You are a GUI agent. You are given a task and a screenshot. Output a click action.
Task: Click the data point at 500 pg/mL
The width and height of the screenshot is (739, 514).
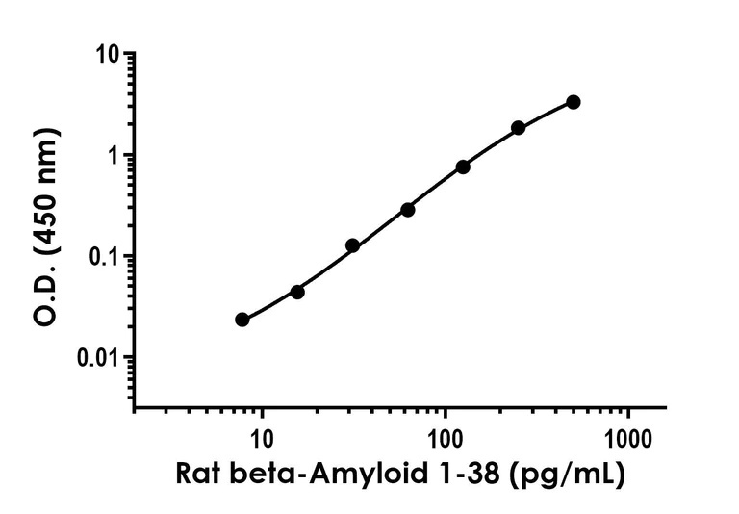(x=573, y=102)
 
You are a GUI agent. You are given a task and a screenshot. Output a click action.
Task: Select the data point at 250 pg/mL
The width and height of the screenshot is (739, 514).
(x=519, y=128)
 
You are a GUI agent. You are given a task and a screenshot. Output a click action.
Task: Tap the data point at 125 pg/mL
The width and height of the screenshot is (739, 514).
(x=463, y=167)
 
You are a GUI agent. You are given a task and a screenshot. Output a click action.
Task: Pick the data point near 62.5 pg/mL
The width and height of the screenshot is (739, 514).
(x=408, y=209)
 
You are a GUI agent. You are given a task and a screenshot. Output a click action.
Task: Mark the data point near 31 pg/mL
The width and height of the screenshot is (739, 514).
(x=352, y=245)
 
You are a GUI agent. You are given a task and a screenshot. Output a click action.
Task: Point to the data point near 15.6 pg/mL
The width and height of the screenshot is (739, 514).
(x=297, y=292)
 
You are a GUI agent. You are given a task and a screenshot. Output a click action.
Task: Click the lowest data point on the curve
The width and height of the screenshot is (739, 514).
(x=242, y=320)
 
